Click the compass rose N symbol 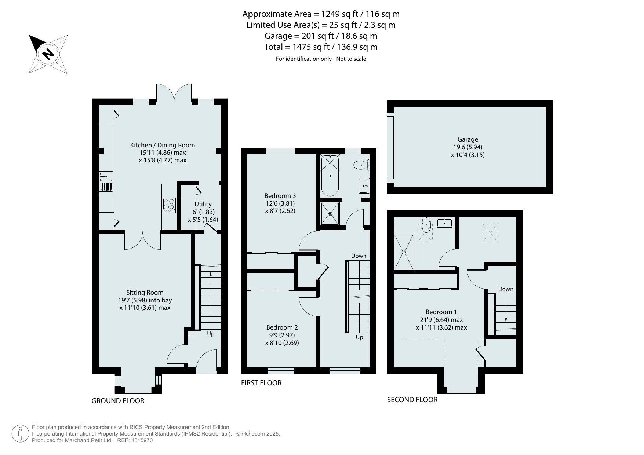48,54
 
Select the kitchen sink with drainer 106,182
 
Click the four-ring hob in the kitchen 169,205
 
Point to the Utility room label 203,204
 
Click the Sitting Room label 145,293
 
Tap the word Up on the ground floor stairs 211,334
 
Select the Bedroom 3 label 280,196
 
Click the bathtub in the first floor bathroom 330,176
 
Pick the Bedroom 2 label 282,327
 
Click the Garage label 467,139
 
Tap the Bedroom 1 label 441,312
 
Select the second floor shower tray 404,252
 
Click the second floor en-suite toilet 426,225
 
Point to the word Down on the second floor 506,289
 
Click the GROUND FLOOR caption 118,401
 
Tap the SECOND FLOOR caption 412,400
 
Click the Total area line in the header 321,47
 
